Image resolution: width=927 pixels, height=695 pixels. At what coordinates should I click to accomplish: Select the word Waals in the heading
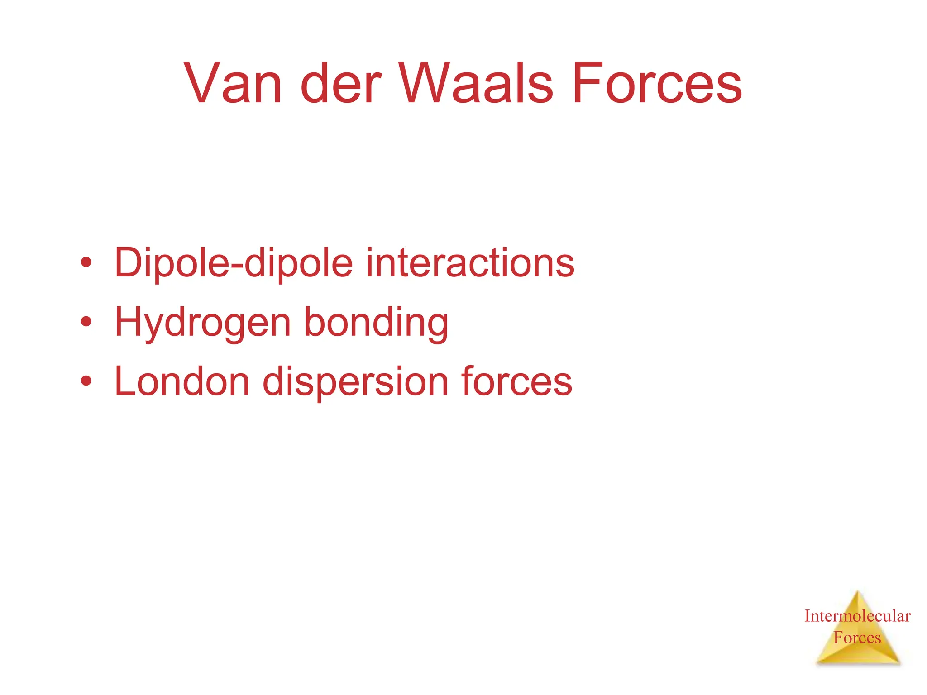point(475,84)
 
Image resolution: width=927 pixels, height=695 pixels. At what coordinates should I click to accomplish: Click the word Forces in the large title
point(657,84)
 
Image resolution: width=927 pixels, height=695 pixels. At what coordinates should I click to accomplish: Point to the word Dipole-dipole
point(234,263)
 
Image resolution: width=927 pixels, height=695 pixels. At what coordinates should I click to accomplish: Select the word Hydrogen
point(203,323)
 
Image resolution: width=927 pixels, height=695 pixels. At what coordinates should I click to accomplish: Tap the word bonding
point(376,323)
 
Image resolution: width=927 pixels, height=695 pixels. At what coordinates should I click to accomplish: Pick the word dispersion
point(355,381)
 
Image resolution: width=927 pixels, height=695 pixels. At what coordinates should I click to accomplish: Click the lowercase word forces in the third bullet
point(516,381)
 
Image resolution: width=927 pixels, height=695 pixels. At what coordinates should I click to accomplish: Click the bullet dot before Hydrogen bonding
point(86,322)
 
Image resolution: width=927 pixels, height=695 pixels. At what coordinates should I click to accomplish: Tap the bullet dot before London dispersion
point(86,381)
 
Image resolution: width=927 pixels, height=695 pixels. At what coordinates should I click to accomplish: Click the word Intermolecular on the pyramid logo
point(857,616)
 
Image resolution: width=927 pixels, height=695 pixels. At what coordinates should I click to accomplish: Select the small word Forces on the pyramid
point(857,638)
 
